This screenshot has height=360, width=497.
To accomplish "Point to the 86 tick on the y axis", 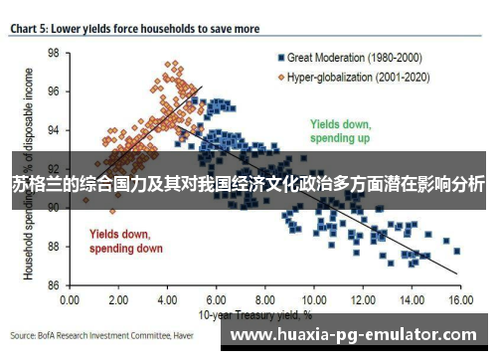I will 54,284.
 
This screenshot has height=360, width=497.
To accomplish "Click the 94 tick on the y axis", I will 54,130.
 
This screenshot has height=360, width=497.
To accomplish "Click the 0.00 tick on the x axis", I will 70,298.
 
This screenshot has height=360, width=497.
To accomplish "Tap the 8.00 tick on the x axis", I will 264,298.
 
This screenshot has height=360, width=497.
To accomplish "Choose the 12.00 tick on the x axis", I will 362,298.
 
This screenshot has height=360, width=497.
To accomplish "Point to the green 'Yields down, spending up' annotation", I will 340,132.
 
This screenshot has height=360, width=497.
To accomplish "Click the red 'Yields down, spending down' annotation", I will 126,242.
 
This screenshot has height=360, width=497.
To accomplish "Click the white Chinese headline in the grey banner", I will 248,184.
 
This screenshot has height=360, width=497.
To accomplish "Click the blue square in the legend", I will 282,59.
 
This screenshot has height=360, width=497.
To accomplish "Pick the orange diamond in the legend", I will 282,75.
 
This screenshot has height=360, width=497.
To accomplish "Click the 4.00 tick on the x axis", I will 167,298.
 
